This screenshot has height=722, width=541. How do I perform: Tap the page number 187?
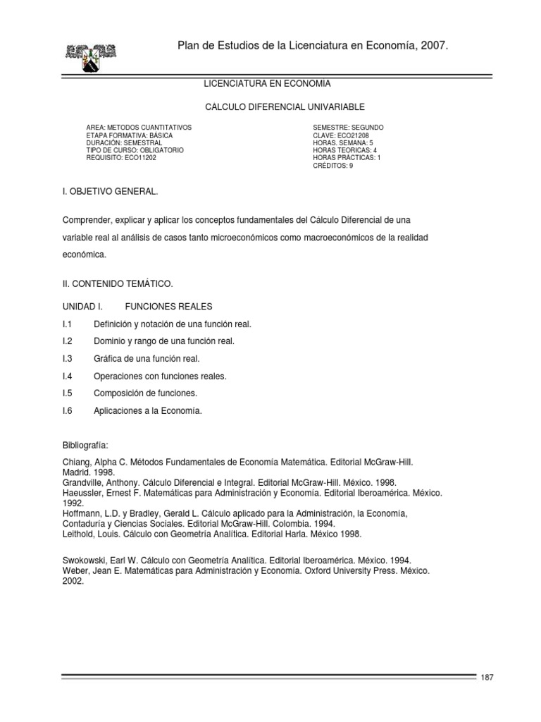coord(487,678)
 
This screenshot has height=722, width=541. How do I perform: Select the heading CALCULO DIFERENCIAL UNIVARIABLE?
coord(285,106)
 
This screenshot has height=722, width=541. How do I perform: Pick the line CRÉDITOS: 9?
coord(333,166)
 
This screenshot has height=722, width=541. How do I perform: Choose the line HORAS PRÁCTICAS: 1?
coord(347,158)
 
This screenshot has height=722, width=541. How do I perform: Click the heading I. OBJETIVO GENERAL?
coord(111,191)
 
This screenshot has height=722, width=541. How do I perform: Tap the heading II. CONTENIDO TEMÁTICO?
coord(117,283)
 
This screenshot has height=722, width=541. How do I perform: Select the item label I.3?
coord(68,359)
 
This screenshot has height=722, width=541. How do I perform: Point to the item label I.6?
coord(68,411)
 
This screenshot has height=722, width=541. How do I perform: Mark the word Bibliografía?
coord(85,446)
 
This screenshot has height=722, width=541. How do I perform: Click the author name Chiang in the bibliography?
coord(77,462)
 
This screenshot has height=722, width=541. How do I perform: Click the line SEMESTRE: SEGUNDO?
coord(348,127)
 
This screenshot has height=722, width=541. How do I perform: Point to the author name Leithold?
coord(78,534)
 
